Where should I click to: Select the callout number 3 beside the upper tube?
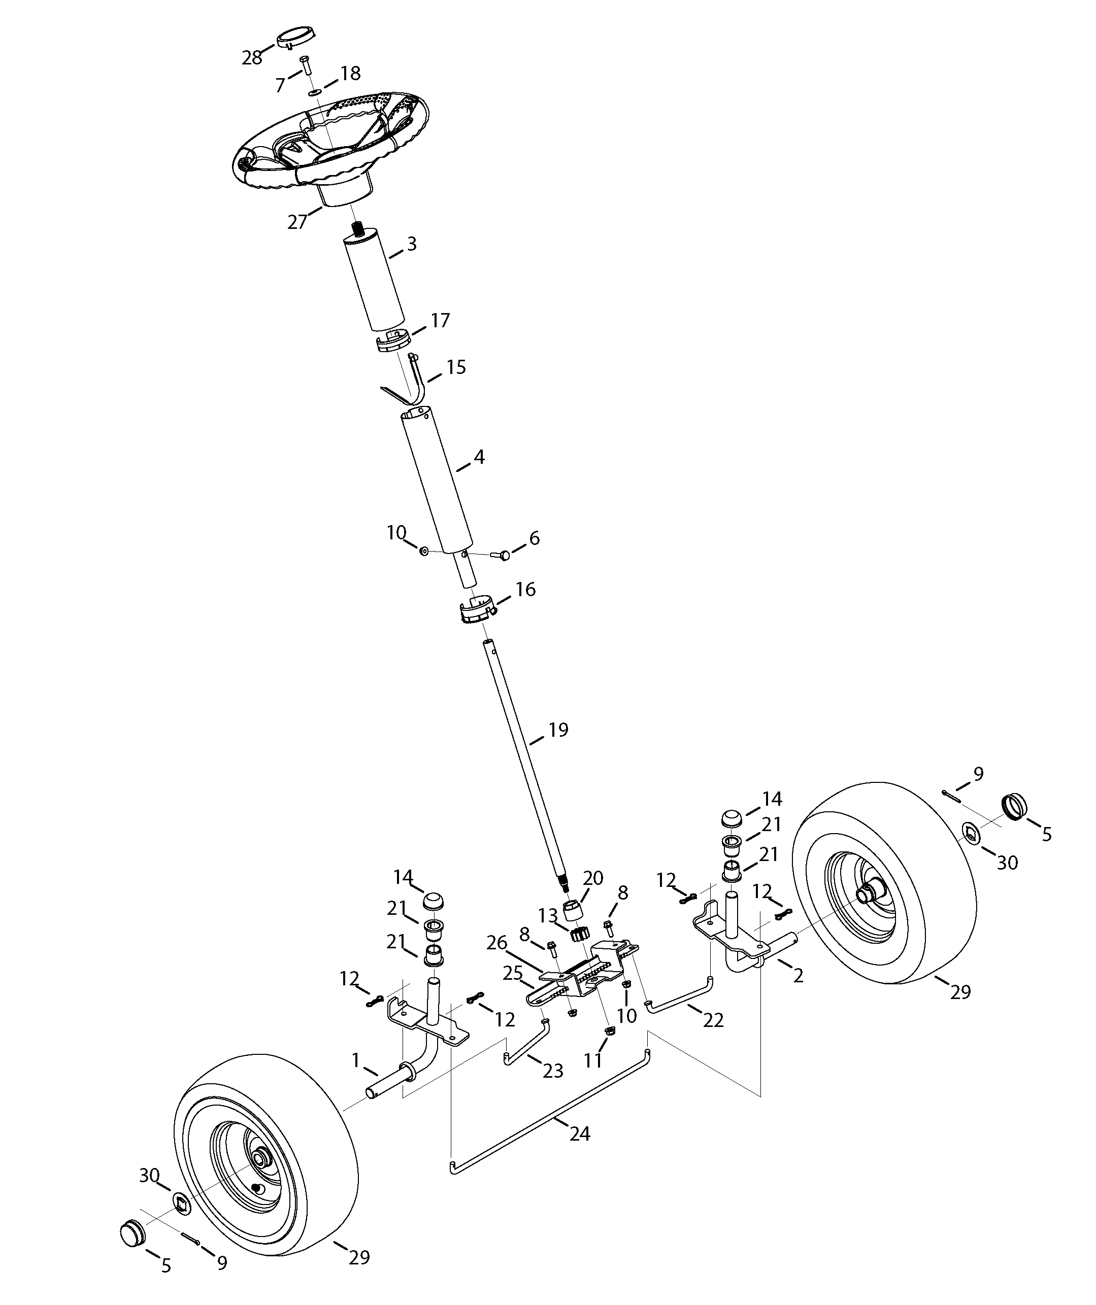pyautogui.click(x=412, y=244)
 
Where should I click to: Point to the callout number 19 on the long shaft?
pyautogui.click(x=558, y=730)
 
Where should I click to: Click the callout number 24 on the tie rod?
pyautogui.click(x=579, y=1134)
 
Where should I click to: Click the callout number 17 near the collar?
pyautogui.click(x=440, y=321)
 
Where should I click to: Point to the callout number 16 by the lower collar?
pyautogui.click(x=525, y=589)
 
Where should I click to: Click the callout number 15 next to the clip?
pyautogui.click(x=456, y=367)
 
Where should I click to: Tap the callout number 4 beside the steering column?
pyautogui.click(x=479, y=457)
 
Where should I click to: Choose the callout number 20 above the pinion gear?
pyautogui.click(x=593, y=878)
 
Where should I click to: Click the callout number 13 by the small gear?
pyautogui.click(x=548, y=915)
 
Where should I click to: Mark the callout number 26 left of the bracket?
pyautogui.click(x=496, y=943)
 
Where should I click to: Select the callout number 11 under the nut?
pyautogui.click(x=593, y=1060)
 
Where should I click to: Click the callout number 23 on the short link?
pyautogui.click(x=553, y=1070)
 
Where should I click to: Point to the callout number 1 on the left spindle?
pyautogui.click(x=355, y=1060)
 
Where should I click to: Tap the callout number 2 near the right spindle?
pyautogui.click(x=798, y=976)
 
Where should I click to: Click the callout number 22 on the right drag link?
pyautogui.click(x=713, y=1020)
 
